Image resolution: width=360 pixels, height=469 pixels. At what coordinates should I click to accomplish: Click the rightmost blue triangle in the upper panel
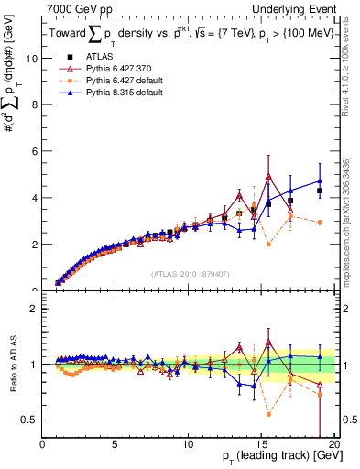coord(320,181)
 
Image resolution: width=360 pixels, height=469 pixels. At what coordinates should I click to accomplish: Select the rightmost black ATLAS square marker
coord(320,191)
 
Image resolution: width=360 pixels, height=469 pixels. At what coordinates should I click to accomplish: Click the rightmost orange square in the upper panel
coord(320,223)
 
